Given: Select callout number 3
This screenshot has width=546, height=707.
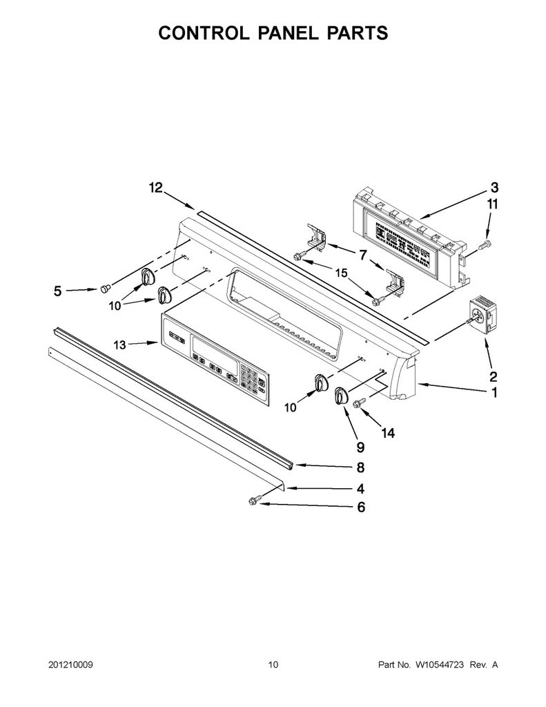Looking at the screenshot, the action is (x=494, y=188).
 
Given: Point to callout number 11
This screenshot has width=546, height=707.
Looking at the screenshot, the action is (x=493, y=204).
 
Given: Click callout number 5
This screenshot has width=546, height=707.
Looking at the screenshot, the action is (x=58, y=291).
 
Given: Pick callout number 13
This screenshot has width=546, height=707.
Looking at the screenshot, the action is (x=119, y=345).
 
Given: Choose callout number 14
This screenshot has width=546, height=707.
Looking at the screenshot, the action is (x=388, y=434).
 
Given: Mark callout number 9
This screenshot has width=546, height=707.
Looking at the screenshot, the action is (x=360, y=447).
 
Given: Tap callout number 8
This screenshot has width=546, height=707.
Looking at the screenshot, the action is (x=360, y=467).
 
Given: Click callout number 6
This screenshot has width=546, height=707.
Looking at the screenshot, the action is (x=361, y=507).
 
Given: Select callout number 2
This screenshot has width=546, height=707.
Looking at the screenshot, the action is (x=494, y=376).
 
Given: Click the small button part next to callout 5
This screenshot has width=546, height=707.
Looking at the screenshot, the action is (x=105, y=288).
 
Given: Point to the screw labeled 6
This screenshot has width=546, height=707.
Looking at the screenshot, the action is (x=254, y=501).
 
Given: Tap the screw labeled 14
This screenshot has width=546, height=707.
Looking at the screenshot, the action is (x=360, y=403).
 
